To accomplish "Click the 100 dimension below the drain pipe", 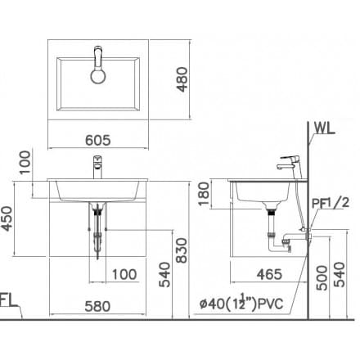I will tap(124, 274).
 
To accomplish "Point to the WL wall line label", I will tap(326, 129).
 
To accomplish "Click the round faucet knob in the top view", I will tap(97, 76).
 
